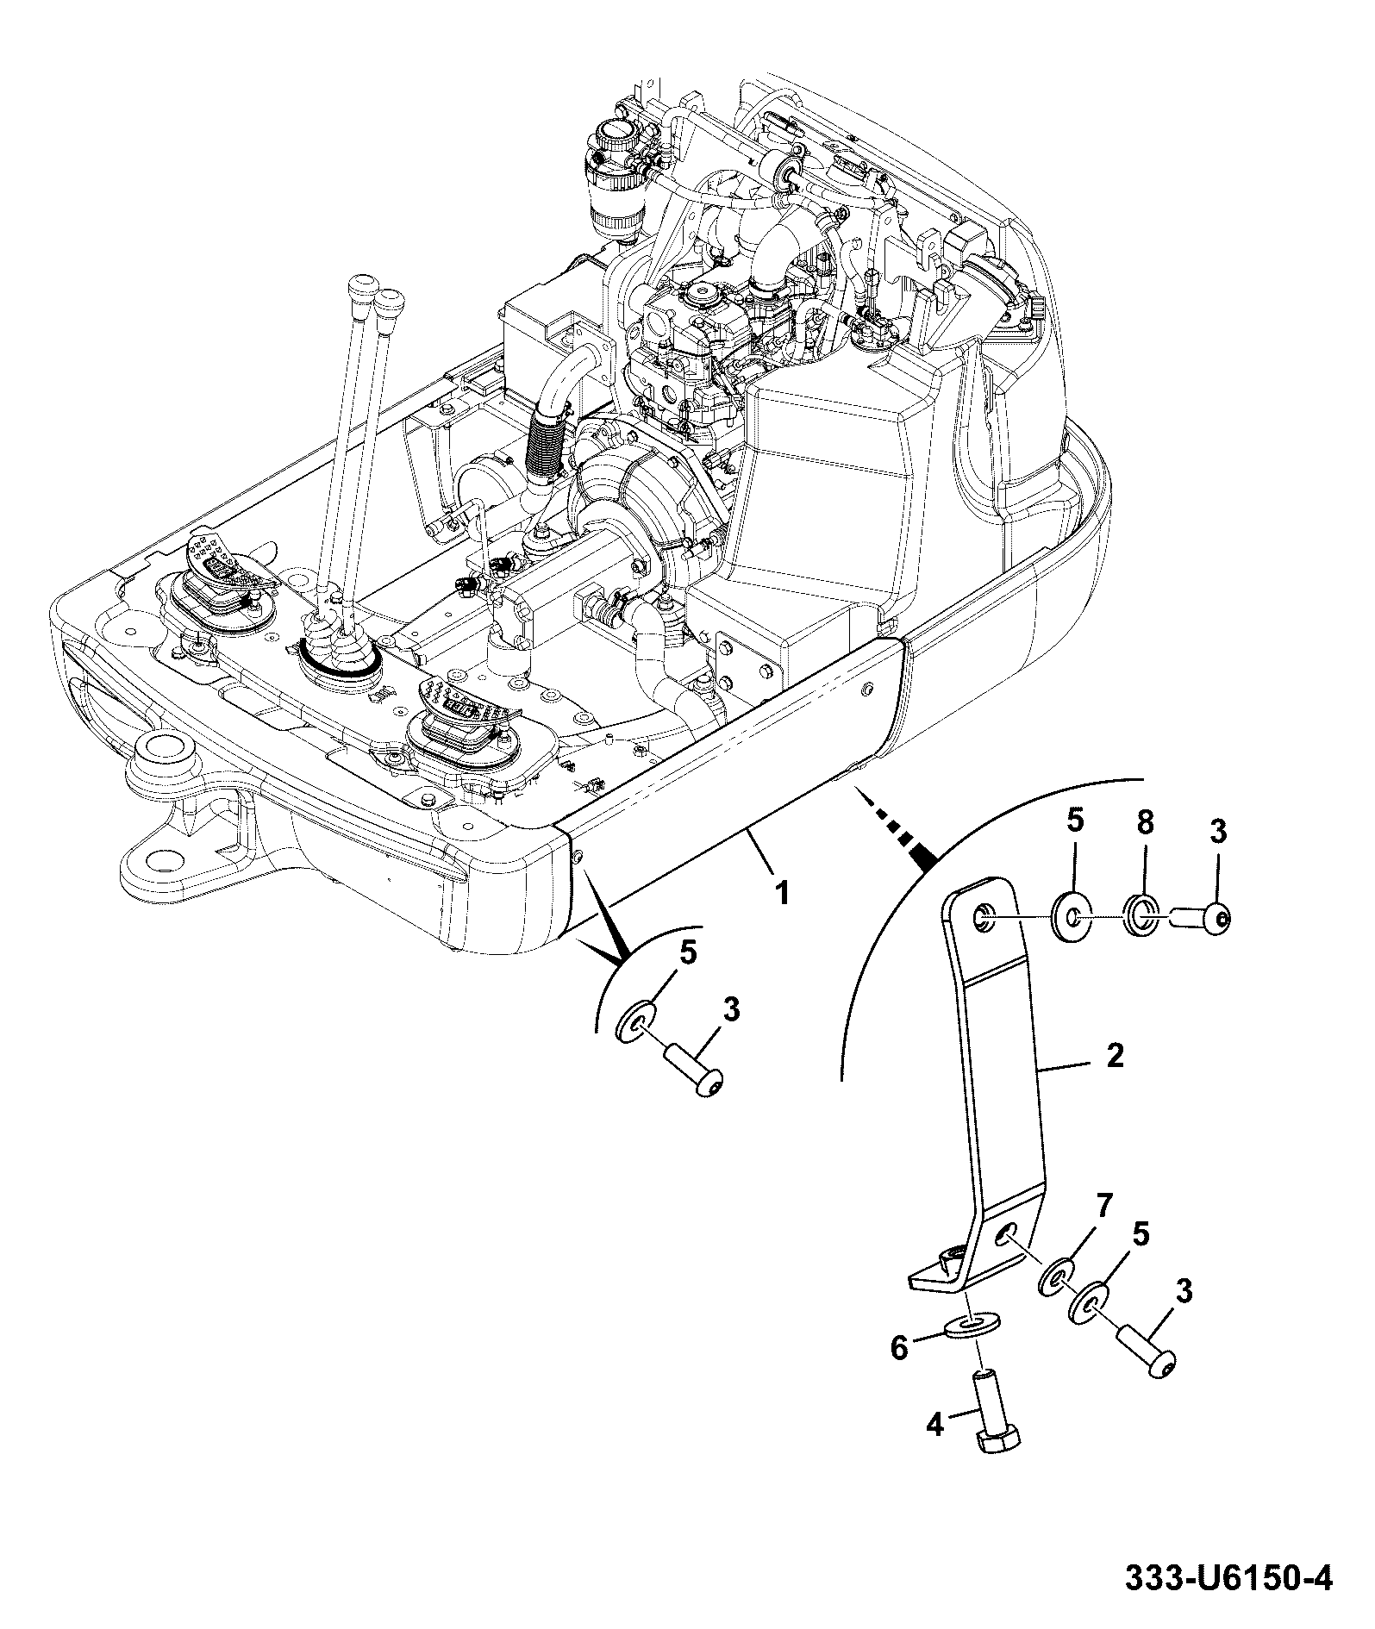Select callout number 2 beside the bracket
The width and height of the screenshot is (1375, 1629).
1115,1056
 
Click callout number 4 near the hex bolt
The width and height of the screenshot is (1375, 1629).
934,1425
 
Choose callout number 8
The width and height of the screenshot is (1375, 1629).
1144,823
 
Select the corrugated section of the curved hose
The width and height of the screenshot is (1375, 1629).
541,443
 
